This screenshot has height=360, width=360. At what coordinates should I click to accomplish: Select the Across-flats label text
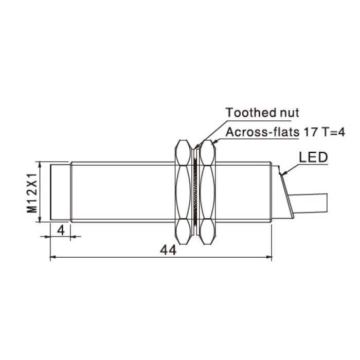[263, 132]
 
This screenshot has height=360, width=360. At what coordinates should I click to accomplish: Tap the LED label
[313, 157]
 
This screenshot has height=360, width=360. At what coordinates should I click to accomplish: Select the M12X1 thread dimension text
[32, 193]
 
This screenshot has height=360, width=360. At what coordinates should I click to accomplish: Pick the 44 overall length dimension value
[168, 250]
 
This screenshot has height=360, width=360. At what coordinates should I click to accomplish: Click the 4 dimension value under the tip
[61, 230]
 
